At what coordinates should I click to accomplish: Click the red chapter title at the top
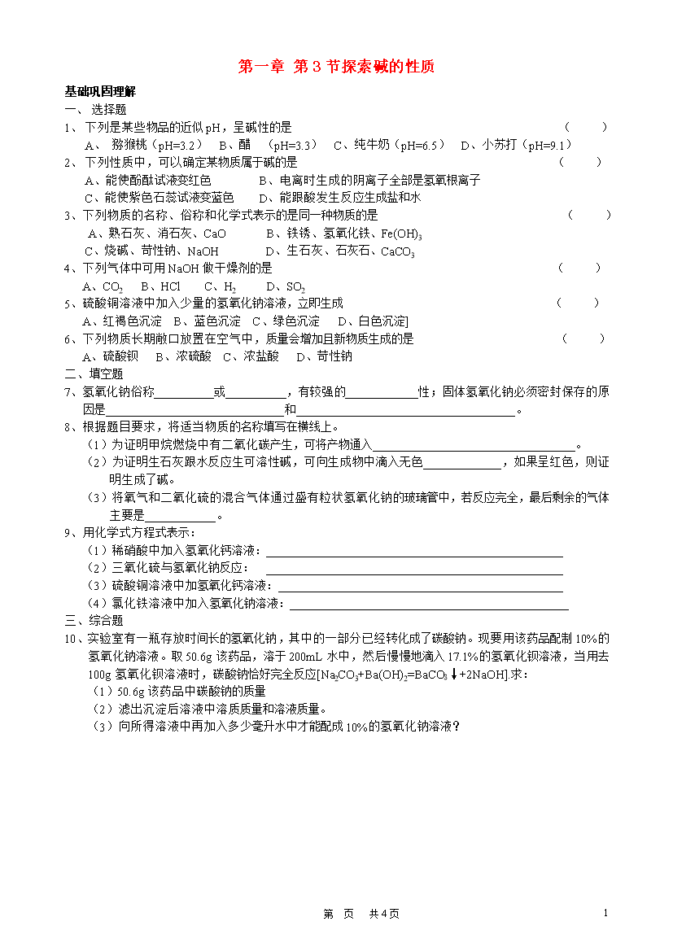[336, 67]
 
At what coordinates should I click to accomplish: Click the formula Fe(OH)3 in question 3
[398, 234]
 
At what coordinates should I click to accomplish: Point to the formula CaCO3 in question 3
[399, 251]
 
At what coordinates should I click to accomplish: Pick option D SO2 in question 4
[286, 286]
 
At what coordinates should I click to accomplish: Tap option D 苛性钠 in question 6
[324, 356]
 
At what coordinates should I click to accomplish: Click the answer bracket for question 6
[583, 338]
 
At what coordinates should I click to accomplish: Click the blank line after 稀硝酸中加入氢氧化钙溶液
[414, 551]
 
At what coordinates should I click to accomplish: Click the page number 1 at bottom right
[605, 913]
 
